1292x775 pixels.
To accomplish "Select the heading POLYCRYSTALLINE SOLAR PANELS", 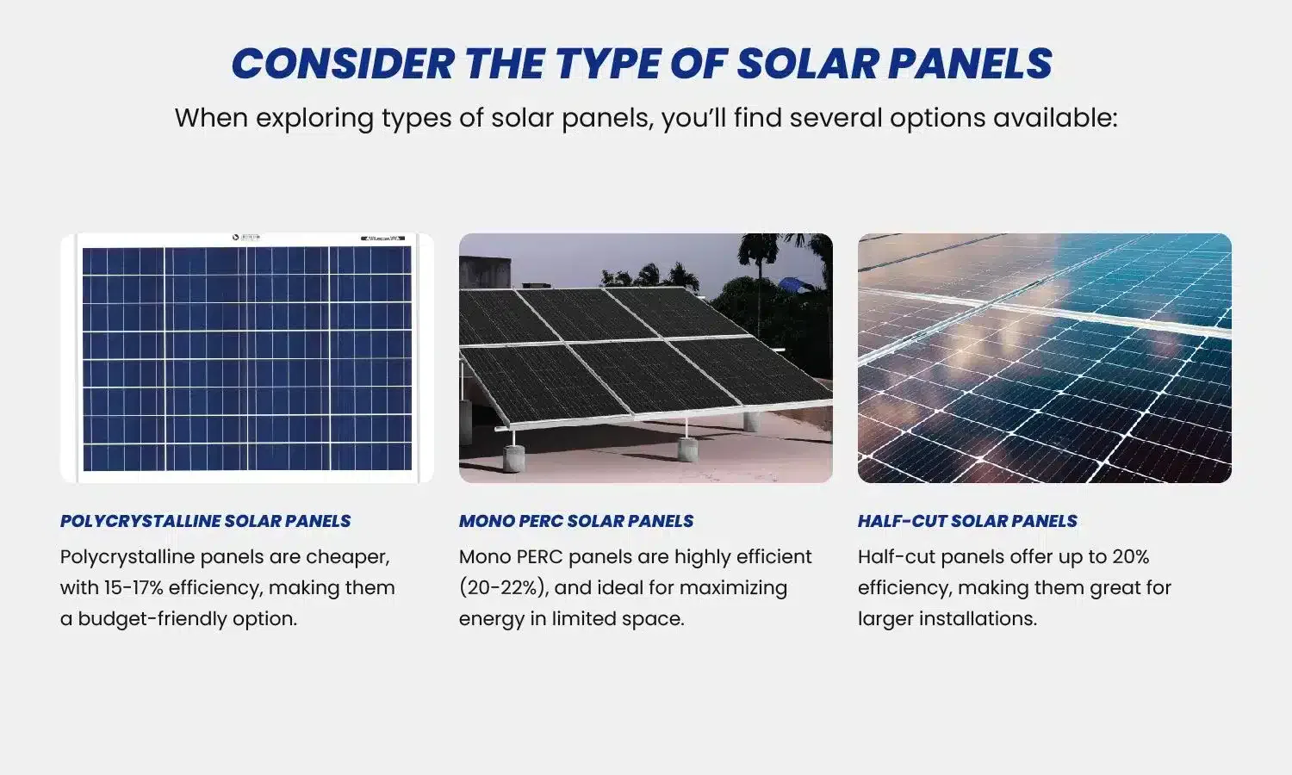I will pyautogui.click(x=205, y=521).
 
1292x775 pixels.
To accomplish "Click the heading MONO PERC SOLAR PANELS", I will pyautogui.click(x=575, y=521).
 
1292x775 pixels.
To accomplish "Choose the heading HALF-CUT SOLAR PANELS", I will pyautogui.click(x=966, y=521).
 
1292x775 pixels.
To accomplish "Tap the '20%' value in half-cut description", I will pyautogui.click(x=1130, y=557).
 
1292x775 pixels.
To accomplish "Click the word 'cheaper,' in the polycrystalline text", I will pyautogui.click(x=348, y=557).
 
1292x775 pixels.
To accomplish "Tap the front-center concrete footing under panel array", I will pyautogui.click(x=687, y=448).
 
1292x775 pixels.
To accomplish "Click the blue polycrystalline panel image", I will pyautogui.click(x=246, y=357).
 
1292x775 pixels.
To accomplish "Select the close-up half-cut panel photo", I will pyautogui.click(x=1044, y=357).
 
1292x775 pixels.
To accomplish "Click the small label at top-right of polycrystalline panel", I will pyautogui.click(x=383, y=238).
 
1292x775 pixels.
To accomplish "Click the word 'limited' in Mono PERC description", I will pyautogui.click(x=587, y=619).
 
